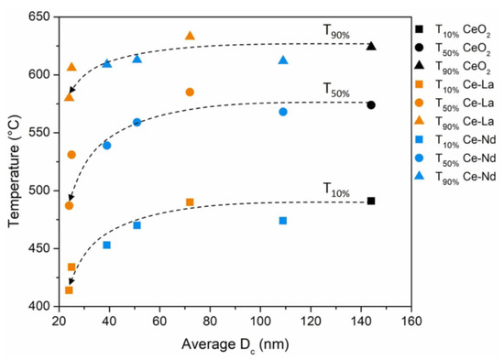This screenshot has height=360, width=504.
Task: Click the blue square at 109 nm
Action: [x=283, y=221]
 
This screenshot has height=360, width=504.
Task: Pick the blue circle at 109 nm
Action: [x=283, y=112]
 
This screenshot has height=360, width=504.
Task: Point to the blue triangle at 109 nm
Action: [x=283, y=60]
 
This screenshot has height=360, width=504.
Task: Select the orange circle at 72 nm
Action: [x=190, y=93]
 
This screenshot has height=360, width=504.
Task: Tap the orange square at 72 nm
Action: [x=190, y=202]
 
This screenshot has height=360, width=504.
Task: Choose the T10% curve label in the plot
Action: [x=334, y=188]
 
